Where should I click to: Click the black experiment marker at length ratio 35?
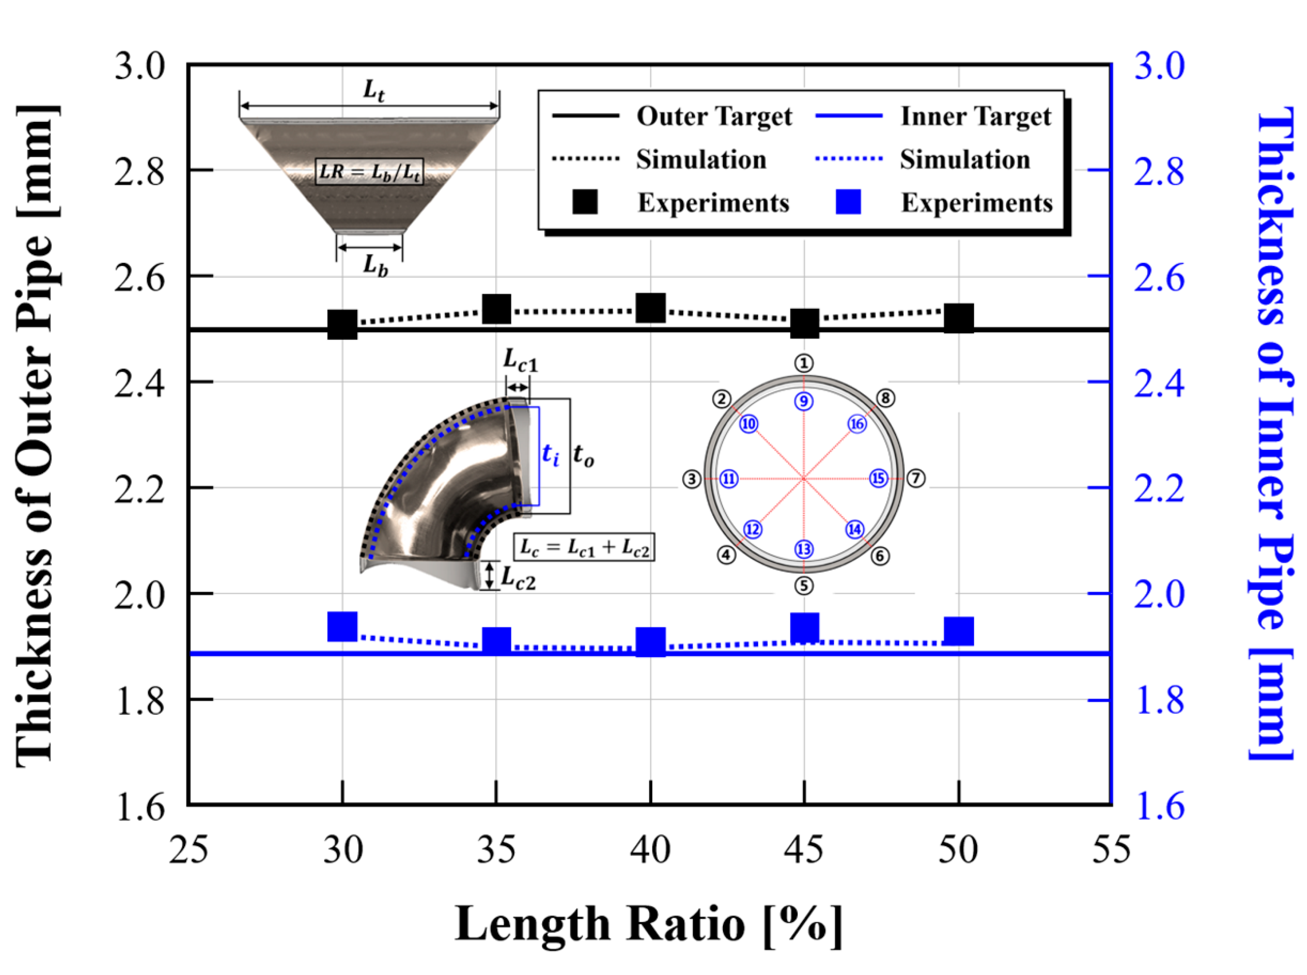496,309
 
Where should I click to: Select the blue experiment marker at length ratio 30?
342,626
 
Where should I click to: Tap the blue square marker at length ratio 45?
804,627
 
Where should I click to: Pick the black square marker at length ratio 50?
958,319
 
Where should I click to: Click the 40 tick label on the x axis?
650,850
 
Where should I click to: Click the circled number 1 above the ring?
804,363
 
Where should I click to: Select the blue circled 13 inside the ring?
804,549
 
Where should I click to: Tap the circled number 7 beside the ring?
915,478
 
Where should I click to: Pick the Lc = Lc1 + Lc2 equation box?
584,548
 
